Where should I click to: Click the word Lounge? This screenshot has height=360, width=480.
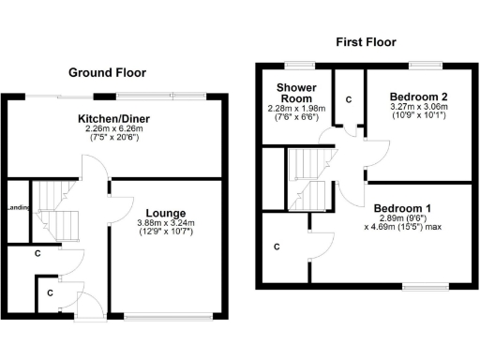click(165, 213)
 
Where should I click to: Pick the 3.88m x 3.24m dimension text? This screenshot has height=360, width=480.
click(165, 223)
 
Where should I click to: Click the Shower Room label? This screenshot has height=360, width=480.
click(292, 92)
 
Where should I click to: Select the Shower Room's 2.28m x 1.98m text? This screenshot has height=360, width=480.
click(292, 108)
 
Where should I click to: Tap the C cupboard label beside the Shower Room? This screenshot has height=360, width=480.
click(348, 98)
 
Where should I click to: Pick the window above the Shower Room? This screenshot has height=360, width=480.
click(299, 65)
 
